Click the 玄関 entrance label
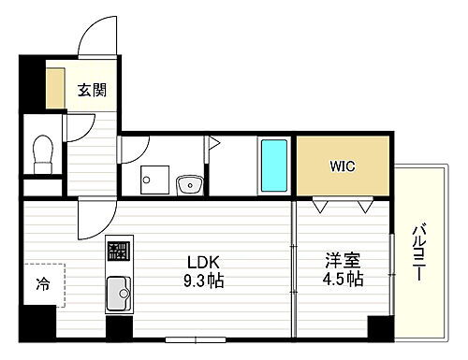(x=92, y=92)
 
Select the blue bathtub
(x=274, y=166)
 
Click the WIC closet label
(x=342, y=166)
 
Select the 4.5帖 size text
(x=344, y=280)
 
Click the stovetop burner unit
(x=118, y=250)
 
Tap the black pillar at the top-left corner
(x=32, y=85)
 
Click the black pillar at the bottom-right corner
(x=379, y=330)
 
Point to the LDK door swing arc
(x=94, y=223)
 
